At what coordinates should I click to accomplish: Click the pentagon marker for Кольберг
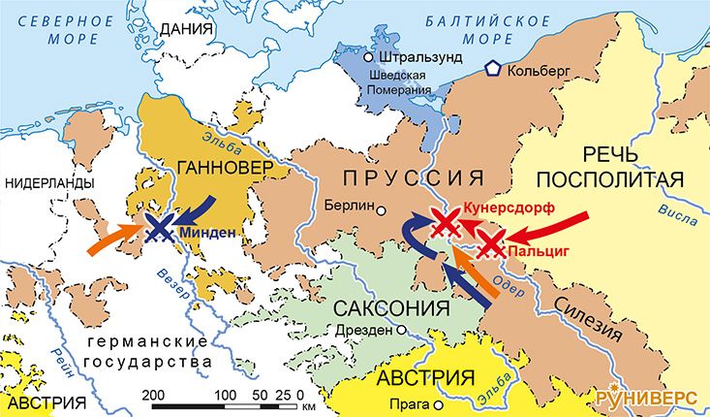pyautogui.click(x=494, y=70)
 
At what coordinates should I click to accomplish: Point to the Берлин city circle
pyautogui.click(x=381, y=209)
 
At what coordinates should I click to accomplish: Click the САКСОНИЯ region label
pyautogui.click(x=391, y=308)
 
